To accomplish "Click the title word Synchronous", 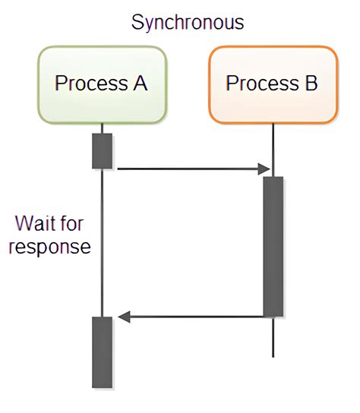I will (x=188, y=22).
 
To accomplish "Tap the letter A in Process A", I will (x=140, y=83).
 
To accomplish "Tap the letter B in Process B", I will (x=310, y=83).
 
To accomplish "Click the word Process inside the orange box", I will (x=261, y=83).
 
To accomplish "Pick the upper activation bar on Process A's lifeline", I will (x=102, y=151).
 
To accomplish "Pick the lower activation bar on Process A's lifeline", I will (x=102, y=352).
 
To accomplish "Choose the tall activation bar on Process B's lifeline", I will (x=273, y=246).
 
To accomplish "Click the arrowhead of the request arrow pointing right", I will (x=265, y=169).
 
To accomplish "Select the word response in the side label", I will (x=49, y=247).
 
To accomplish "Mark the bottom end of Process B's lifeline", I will (x=273, y=355).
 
